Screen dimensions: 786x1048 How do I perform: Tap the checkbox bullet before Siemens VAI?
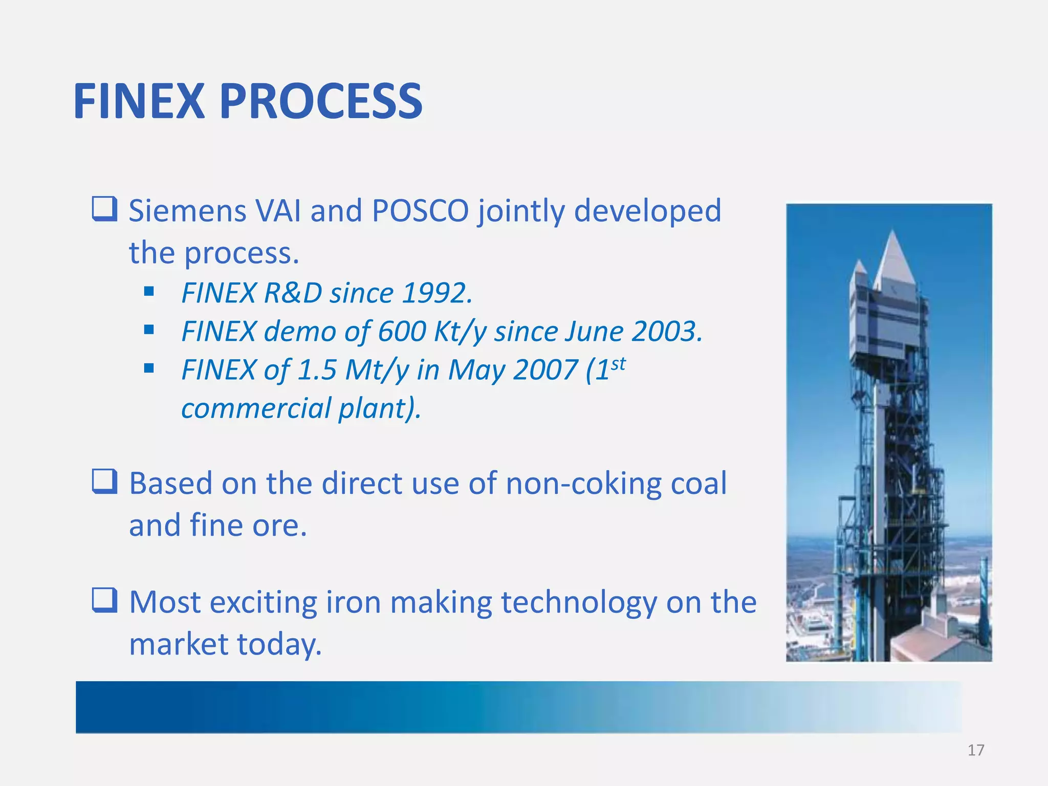pyautogui.click(x=105, y=209)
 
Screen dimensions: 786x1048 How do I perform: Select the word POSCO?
pyautogui.click(x=420, y=211)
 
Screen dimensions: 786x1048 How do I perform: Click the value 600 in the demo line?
pyautogui.click(x=402, y=332)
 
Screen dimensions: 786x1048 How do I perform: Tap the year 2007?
pyautogui.click(x=545, y=370)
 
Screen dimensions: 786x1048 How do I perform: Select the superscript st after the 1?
pyautogui.click(x=618, y=364)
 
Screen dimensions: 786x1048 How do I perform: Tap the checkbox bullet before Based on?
pyautogui.click(x=105, y=482)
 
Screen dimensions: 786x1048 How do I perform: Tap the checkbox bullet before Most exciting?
pyautogui.click(x=105, y=600)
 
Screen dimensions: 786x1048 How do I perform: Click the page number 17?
pyautogui.click(x=976, y=750)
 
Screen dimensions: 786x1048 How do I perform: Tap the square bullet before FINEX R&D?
pyautogui.click(x=149, y=292)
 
